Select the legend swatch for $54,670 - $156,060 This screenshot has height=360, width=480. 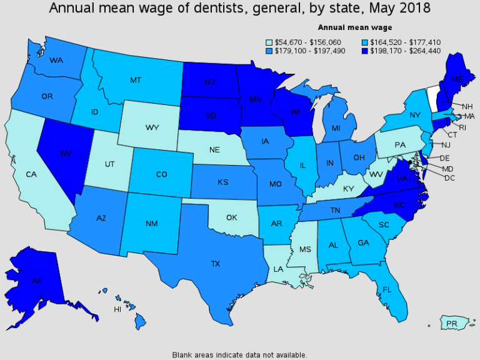[270, 42]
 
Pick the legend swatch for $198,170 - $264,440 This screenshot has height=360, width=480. [364, 51]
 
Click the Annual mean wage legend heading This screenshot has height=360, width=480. [355, 27]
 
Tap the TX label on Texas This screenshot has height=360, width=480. [216, 264]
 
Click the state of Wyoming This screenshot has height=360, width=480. [152, 127]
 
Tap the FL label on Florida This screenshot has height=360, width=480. [387, 289]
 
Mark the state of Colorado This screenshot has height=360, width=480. [161, 174]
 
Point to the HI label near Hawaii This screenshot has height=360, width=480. [117, 309]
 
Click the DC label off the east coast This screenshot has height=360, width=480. [449, 178]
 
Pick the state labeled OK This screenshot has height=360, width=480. [232, 217]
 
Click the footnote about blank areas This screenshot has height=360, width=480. [239, 354]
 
